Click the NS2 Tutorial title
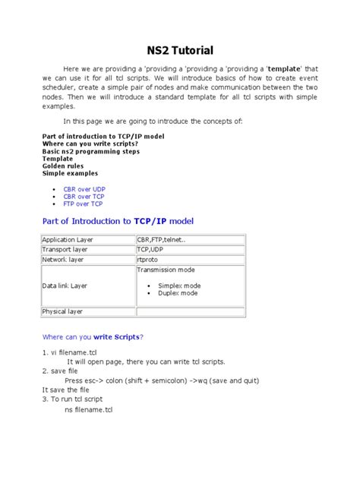[179, 51]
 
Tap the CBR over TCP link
[84, 195]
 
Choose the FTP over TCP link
[84, 204]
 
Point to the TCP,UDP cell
[150, 249]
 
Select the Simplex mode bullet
[178, 285]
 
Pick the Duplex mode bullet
[178, 292]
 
